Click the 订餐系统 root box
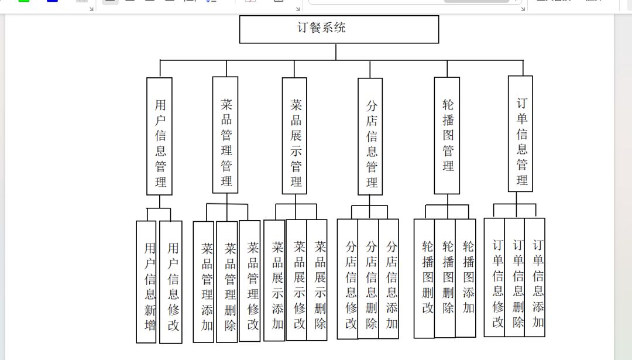click(x=339, y=29)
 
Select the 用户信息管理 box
click(x=159, y=136)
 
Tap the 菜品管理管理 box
click(x=225, y=135)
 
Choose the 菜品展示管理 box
click(x=294, y=136)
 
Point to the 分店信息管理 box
click(x=370, y=136)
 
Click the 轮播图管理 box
click(x=447, y=135)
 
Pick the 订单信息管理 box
click(x=520, y=134)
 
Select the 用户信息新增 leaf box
click(x=146, y=282)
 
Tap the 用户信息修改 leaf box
click(x=171, y=282)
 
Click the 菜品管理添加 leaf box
click(x=204, y=282)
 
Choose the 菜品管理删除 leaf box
click(x=227, y=282)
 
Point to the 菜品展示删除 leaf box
click(x=317, y=280)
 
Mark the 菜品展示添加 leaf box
click(x=274, y=280)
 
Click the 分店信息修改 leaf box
click(x=348, y=279)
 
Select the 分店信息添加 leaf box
click(x=389, y=279)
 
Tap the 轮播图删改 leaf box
click(x=424, y=279)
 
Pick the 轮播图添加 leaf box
click(x=466, y=278)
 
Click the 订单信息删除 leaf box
click(x=515, y=277)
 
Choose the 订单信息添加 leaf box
click(x=535, y=277)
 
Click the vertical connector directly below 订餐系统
click(x=336, y=52)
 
